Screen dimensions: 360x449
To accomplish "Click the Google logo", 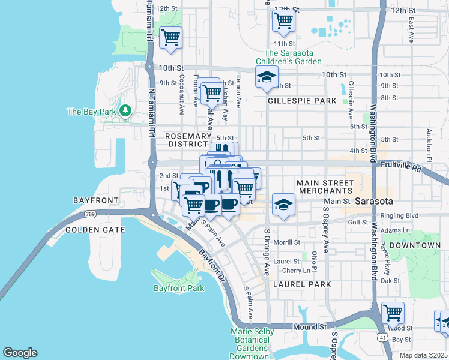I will [20, 353].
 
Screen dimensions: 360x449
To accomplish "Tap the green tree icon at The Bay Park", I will [125, 110].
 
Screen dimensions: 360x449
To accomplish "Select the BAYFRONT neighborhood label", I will [92, 199].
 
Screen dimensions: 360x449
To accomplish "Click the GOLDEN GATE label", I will [95, 230].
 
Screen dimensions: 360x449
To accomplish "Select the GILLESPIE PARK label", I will [302, 101].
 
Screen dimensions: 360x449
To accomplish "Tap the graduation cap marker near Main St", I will [283, 205].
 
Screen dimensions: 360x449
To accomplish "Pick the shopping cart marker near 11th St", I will [283, 21].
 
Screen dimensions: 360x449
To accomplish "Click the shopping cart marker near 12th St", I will [171, 38].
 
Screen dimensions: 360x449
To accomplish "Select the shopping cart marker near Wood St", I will [393, 313].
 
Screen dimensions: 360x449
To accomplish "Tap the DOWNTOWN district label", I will [415, 245].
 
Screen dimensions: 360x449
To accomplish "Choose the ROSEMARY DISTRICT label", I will [188, 140].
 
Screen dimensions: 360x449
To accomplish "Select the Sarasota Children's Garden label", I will [289, 56].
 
